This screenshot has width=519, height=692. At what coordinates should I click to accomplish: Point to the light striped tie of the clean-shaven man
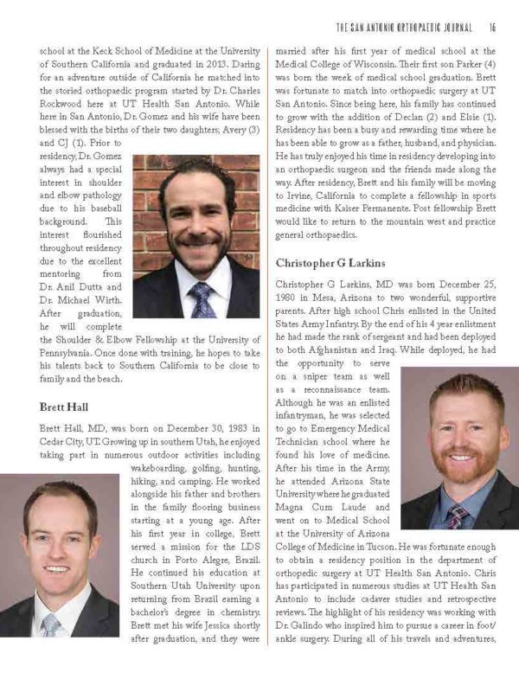pyautogui.click(x=51, y=624)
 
